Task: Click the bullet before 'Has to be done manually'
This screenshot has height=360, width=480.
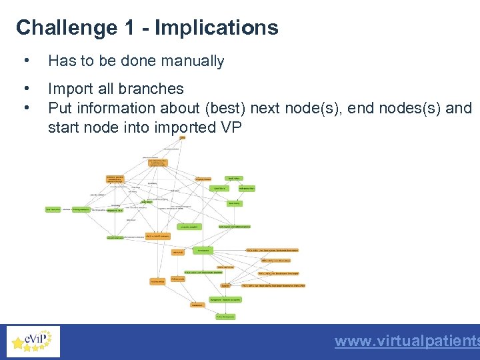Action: (x=25, y=61)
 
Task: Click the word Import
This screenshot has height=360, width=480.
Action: (x=69, y=89)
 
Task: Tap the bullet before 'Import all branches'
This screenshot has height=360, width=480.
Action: (x=25, y=89)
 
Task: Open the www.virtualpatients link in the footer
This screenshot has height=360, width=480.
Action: (x=407, y=341)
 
